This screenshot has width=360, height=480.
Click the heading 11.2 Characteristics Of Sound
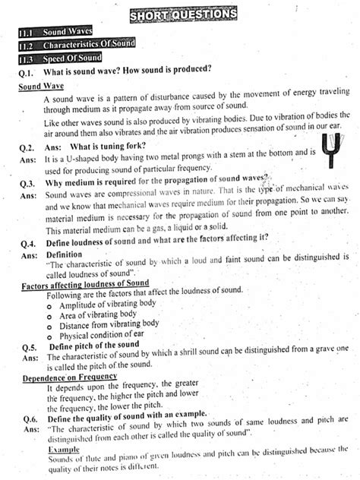tap(76, 45)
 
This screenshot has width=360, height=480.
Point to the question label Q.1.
tap(27, 71)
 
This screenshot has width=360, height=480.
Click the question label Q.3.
tap(27, 183)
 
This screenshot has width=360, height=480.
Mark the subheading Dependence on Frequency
tap(70, 377)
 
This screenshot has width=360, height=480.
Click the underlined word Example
tap(64, 450)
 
